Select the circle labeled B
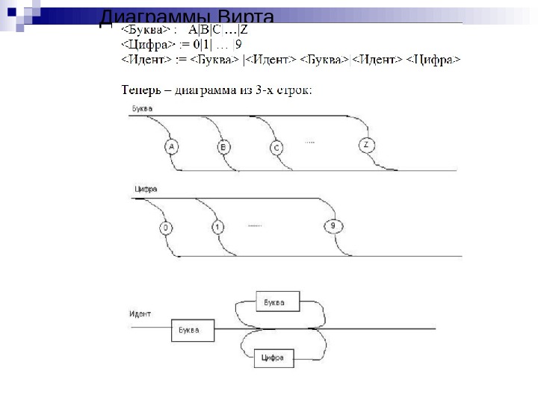223,148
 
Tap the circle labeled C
276,148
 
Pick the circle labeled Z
365,145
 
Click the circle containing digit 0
166,228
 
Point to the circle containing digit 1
217,227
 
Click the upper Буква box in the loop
277,302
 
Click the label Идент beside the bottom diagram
140,313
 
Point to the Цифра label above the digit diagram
145,190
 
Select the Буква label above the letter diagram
142,109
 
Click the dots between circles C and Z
311,141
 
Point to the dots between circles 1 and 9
256,224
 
